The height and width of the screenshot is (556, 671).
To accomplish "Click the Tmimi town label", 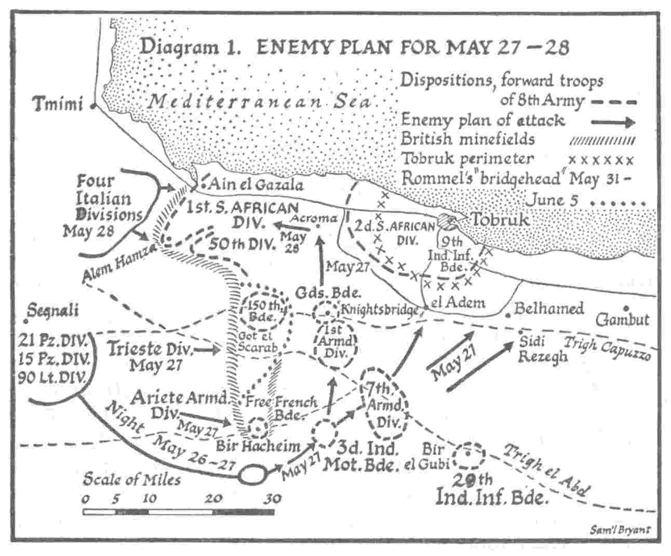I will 58,104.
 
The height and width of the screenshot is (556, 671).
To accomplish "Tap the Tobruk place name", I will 499,219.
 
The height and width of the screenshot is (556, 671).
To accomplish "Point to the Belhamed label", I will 548,309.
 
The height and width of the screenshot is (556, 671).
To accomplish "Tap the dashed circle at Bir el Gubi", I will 468,456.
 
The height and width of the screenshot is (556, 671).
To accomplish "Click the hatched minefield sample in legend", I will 602,140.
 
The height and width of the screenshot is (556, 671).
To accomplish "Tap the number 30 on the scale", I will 272,498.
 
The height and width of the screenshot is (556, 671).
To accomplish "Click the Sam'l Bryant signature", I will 620,531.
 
